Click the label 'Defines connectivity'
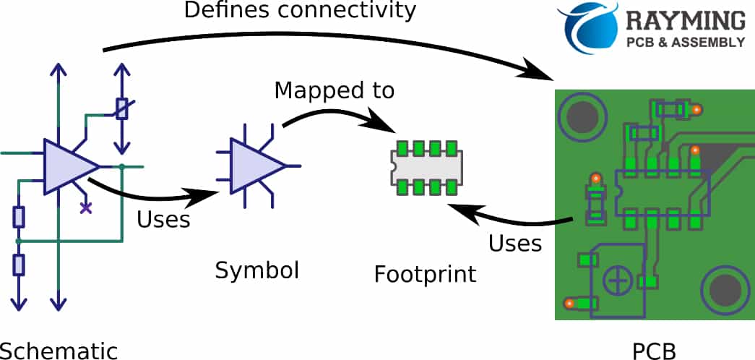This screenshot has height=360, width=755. pos(301,11)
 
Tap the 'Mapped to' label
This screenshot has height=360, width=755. pos(335,90)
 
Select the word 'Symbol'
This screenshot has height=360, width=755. pos(256,270)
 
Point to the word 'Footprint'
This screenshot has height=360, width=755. pos(425,275)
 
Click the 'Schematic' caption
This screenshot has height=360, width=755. pos(59,351)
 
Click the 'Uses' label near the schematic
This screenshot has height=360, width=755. pos(163,218)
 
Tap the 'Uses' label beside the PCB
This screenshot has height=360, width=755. pos(515,243)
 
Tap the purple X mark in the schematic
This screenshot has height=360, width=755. pos(86,208)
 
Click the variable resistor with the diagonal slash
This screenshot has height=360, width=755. pos(122,108)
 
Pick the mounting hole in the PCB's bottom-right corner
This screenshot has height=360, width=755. pos(724,291)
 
